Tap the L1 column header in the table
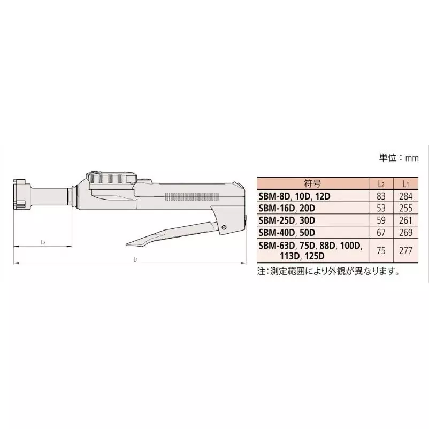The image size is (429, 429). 404,183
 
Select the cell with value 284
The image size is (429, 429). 404,196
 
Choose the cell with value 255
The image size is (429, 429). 404,208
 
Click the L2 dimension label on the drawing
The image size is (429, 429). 43,242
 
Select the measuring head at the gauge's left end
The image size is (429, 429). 20,195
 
